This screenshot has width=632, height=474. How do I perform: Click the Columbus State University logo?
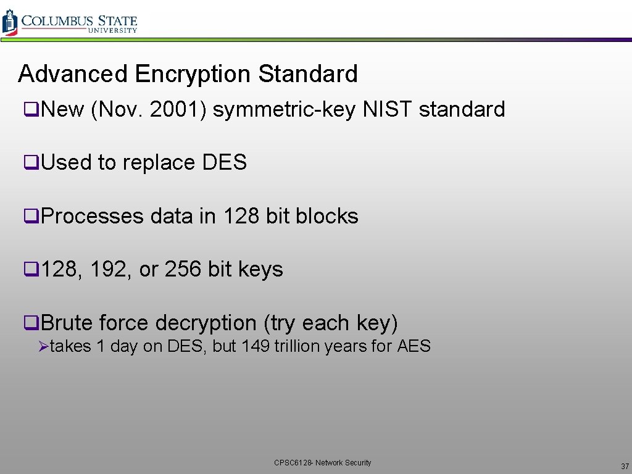69,22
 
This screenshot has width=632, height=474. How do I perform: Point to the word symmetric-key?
284,110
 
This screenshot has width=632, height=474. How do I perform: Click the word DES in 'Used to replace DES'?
225,163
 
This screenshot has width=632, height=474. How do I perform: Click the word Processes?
93,216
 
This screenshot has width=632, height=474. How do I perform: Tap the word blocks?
327,216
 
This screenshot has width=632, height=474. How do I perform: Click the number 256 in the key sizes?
183,269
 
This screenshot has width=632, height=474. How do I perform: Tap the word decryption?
206,323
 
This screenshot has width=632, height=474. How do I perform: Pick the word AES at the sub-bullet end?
414,346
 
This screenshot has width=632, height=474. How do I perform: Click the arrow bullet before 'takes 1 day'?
43,347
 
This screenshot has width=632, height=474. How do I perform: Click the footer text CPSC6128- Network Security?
323,463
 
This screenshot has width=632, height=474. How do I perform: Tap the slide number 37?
625,466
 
